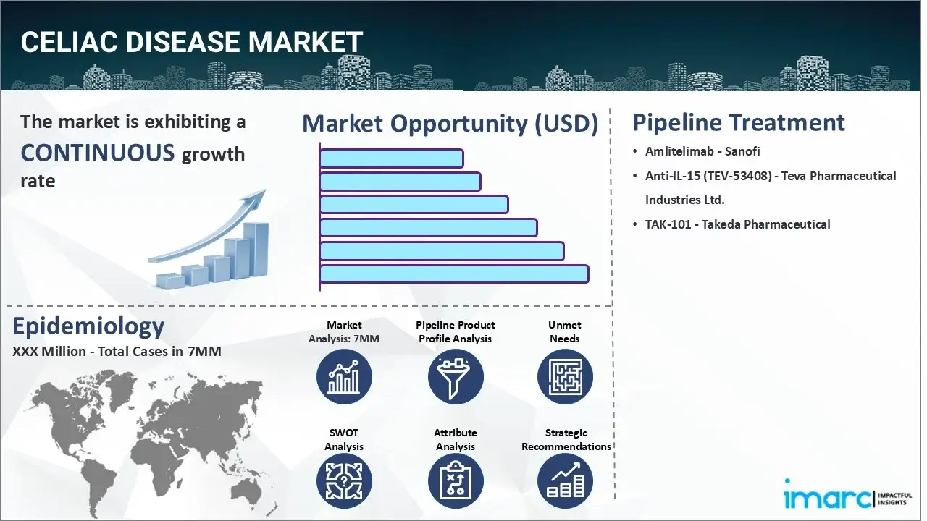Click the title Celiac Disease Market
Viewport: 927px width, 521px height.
click(191, 42)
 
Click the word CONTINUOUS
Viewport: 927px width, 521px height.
click(97, 153)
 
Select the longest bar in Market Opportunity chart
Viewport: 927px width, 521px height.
click(453, 274)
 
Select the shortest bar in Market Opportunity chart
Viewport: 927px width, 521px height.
click(391, 158)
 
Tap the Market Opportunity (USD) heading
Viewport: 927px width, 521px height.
click(450, 124)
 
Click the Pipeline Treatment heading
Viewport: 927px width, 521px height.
click(738, 122)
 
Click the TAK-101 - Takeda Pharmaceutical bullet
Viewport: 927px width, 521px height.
click(737, 224)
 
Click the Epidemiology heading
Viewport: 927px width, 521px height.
click(88, 326)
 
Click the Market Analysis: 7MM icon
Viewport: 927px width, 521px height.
click(344, 377)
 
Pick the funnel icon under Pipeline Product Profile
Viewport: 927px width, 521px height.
click(455, 377)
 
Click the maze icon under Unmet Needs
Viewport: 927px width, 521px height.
click(565, 377)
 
